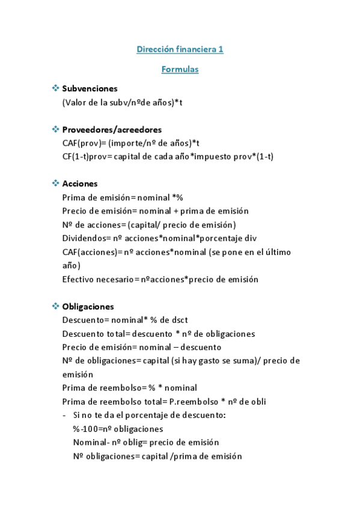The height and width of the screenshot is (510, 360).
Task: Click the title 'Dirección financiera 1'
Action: click(x=180, y=49)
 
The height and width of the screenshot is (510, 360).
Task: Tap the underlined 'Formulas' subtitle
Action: click(x=180, y=70)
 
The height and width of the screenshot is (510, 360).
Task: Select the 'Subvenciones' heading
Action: click(x=90, y=88)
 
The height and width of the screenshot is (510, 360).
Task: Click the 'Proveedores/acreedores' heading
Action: click(x=112, y=129)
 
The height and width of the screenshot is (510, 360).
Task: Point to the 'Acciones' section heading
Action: click(x=80, y=183)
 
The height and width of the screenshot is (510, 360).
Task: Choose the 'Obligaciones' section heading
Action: click(x=88, y=306)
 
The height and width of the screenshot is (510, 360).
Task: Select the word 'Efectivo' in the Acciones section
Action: click(x=78, y=279)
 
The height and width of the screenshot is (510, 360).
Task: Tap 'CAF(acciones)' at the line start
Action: click(x=88, y=252)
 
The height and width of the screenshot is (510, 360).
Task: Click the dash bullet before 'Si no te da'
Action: click(x=64, y=415)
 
